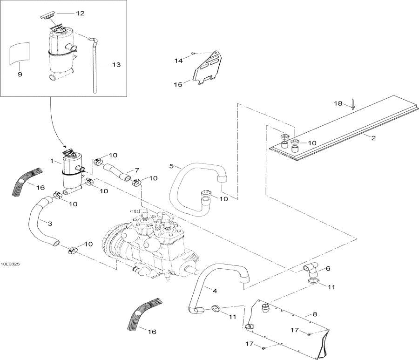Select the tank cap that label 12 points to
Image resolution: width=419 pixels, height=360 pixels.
[x=47, y=17]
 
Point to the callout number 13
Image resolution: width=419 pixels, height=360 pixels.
[x=116, y=64]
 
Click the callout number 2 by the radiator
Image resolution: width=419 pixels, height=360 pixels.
[x=373, y=137]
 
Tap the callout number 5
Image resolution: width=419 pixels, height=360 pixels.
[x=171, y=166]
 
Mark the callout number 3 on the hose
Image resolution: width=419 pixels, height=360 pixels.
[x=49, y=224]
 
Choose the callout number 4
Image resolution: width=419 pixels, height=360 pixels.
[x=214, y=291]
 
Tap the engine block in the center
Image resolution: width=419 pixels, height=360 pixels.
[x=149, y=242]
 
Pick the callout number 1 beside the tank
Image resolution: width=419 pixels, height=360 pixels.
[x=53, y=161]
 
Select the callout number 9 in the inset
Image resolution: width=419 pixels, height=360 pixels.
[x=20, y=74]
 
